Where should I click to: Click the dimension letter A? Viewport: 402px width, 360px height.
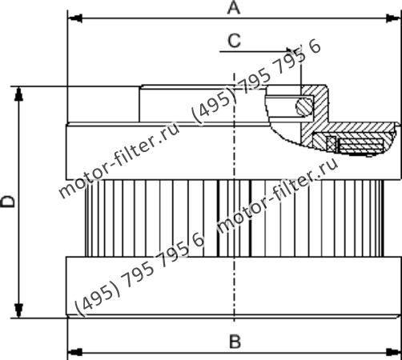(234, 8)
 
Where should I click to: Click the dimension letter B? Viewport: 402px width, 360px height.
(235, 342)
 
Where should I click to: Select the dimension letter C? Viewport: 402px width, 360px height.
(234, 39)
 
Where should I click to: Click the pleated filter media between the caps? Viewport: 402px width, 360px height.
(160, 216)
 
